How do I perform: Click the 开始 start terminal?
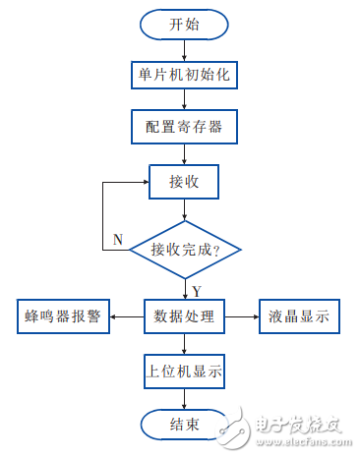pos(184,25)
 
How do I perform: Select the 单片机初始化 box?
pos(184,74)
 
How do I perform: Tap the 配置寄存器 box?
pos(184,125)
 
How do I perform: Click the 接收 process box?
pos(184,181)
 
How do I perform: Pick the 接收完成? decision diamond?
pos(184,250)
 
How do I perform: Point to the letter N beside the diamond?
pos(118,240)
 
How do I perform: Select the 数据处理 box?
pos(184,316)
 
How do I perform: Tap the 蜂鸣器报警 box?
pos(64,316)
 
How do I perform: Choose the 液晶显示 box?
pos(298,316)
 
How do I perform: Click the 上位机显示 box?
pos(184,372)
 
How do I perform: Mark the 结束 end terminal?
pos(184,425)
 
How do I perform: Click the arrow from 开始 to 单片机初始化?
pos(184,49)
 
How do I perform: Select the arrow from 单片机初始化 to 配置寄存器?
pos(184,99)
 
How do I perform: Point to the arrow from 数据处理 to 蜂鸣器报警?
pos(127,316)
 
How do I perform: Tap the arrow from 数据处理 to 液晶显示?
pos(242,316)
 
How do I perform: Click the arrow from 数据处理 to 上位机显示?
pos(184,344)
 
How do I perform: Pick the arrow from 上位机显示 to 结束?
pos(184,398)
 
